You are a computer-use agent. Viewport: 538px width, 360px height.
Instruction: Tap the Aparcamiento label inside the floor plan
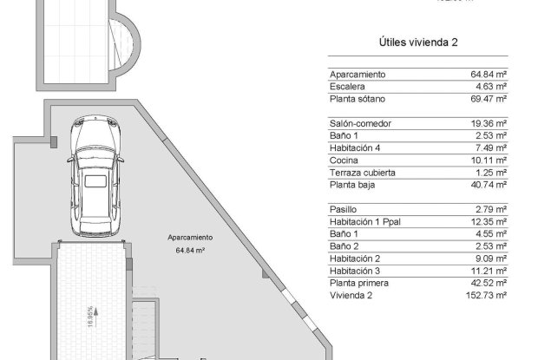(190, 237)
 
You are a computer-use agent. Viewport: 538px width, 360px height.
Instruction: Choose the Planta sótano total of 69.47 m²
(489, 100)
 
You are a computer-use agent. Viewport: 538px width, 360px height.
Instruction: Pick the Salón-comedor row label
(361, 123)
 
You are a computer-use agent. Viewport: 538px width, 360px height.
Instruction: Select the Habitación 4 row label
(355, 147)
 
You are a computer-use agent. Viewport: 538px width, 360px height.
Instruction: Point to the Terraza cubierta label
(364, 172)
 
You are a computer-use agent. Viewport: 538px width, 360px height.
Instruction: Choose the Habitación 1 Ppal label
(368, 221)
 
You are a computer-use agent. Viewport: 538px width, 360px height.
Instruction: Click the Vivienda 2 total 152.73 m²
(487, 295)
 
